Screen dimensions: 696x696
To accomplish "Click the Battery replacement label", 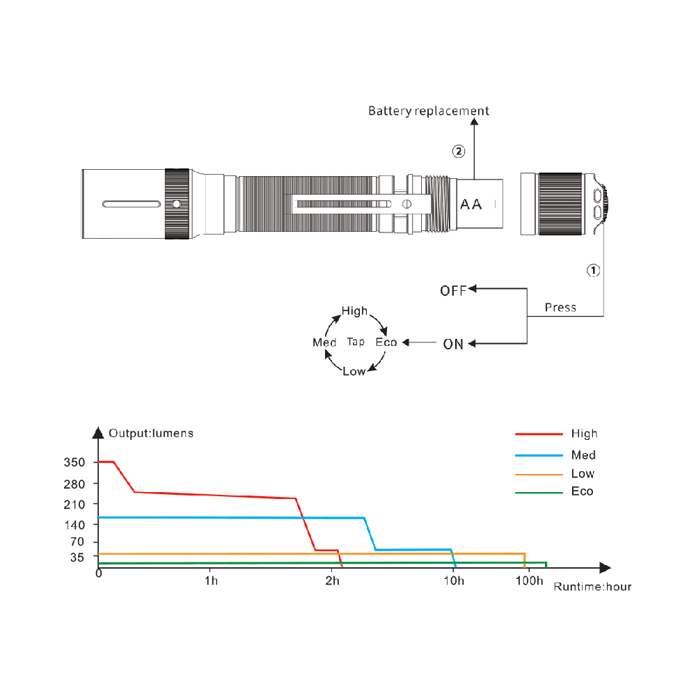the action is (428, 111).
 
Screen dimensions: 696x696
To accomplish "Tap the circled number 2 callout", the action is (459, 152).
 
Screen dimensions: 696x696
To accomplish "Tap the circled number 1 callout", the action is (594, 270).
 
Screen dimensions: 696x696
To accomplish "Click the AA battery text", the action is (471, 205).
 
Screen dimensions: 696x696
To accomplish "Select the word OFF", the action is (453, 291).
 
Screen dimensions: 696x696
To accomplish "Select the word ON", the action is (453, 344).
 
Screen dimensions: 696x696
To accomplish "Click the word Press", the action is (560, 308).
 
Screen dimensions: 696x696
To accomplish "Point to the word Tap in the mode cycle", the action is (356, 342).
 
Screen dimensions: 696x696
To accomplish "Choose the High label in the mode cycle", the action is (355, 310).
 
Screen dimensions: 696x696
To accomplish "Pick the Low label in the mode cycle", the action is (354, 372).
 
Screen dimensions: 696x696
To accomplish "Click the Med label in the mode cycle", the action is (324, 342).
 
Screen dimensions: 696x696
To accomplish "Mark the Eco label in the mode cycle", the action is (386, 342).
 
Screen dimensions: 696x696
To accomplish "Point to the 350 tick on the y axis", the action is (74, 463).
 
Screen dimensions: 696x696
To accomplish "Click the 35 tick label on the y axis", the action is (77, 557).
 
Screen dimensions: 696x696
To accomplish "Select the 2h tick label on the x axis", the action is (333, 580).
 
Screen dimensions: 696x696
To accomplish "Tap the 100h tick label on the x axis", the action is (529, 580).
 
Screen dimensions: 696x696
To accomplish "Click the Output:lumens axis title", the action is (151, 433).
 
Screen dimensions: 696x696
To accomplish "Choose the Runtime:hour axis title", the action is (592, 587).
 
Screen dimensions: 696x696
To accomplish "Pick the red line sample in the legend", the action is (539, 434).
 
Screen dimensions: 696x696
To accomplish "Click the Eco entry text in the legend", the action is (583, 491).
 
